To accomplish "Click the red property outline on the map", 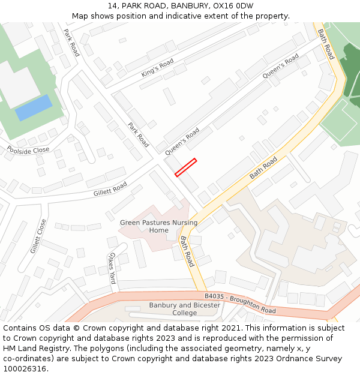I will [x=186, y=167].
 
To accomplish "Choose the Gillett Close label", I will [x=38, y=235].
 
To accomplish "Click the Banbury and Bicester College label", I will [x=184, y=308].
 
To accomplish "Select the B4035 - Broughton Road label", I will [x=240, y=303].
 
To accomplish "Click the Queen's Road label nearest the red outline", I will [x=182, y=142].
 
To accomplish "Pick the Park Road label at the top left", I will [x=71, y=43].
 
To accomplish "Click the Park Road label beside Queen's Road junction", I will [x=139, y=135].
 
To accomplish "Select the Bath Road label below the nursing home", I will [x=187, y=251].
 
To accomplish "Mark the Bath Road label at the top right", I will [x=325, y=44].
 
